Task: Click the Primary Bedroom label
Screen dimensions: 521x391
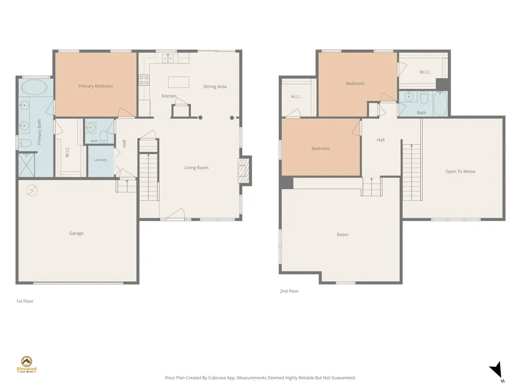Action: click(96, 86)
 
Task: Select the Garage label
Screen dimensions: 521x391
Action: click(76, 233)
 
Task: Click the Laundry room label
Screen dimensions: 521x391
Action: click(100, 160)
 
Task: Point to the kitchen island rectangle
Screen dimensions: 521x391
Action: click(179, 82)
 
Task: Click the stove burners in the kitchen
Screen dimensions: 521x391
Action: click(144, 80)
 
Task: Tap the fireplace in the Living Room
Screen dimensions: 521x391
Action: click(244, 171)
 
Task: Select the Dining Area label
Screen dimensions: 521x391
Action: click(215, 87)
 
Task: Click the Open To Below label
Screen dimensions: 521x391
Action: click(460, 172)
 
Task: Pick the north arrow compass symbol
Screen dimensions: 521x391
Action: click(497, 371)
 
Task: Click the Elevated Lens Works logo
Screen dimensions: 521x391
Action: click(26, 365)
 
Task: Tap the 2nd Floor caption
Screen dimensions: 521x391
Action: click(289, 291)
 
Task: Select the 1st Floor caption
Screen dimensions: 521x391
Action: click(25, 301)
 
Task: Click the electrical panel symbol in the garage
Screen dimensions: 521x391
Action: click(32, 190)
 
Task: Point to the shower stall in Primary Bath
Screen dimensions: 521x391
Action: click(26, 165)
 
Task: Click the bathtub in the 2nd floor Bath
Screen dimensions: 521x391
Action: click(441, 103)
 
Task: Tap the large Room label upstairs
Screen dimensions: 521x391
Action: click(342, 235)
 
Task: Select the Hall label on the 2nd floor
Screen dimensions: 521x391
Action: click(381, 140)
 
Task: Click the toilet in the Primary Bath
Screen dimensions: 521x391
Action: click(25, 143)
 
